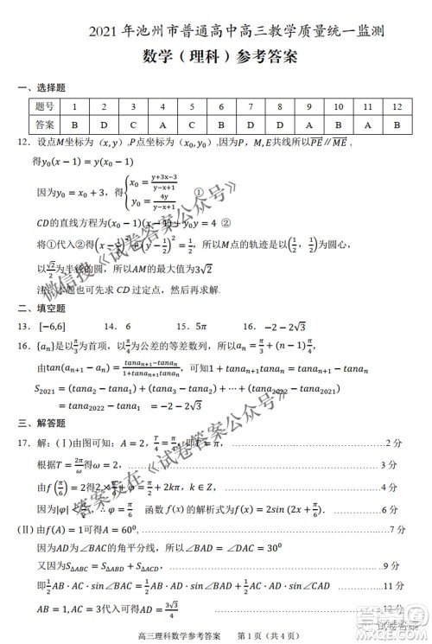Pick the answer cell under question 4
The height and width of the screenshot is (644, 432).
click(x=162, y=124)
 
